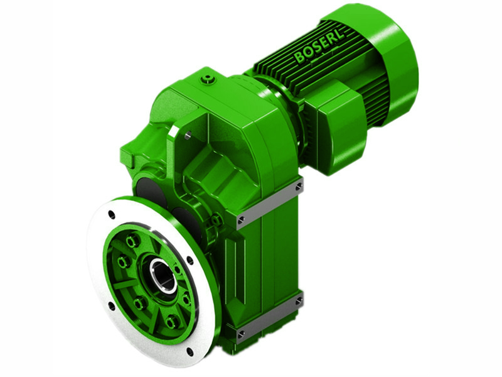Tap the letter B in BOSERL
coord(299,58)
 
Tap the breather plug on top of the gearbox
coord(208,79)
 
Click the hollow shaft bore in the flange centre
coord(161,273)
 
